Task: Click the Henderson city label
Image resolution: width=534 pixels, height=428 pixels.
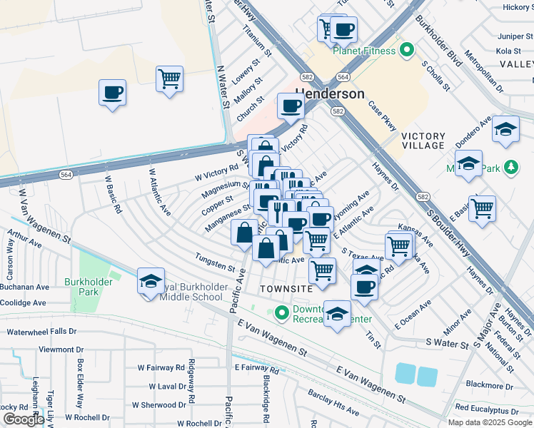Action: point(329,93)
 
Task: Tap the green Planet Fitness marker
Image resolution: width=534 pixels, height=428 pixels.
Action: point(407,50)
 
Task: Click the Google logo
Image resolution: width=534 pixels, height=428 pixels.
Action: point(24,419)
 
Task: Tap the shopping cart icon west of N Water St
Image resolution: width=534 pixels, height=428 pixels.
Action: point(169,78)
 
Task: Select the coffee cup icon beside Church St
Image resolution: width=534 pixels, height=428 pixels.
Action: point(291,106)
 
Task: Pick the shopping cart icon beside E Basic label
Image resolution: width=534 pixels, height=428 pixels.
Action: point(483,208)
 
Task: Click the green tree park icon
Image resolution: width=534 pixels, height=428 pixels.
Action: point(510,168)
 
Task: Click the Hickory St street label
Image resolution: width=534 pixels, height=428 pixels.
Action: point(518,7)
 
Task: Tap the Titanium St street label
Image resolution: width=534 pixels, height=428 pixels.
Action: point(258,42)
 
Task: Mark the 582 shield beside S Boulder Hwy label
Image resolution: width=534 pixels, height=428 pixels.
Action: point(423,195)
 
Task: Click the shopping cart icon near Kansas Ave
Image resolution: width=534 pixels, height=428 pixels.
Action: point(398,245)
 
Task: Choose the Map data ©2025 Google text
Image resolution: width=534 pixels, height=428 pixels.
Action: point(490,422)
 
